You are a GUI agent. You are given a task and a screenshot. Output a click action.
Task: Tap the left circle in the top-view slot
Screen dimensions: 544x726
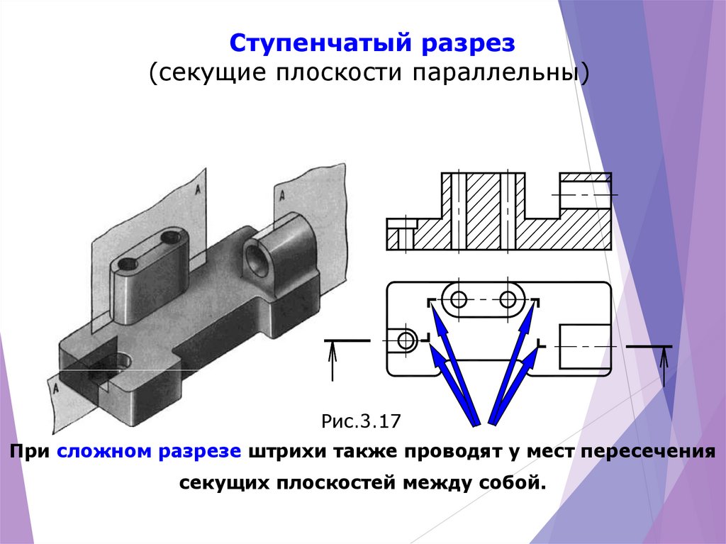pos(459,300)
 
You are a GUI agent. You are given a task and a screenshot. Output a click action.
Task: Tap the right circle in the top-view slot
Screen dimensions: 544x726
pos(508,300)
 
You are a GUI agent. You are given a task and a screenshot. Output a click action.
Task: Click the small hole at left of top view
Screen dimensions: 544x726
pos(407,340)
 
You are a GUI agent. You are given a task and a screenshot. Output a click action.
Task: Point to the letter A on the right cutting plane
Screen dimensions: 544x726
pos(282,193)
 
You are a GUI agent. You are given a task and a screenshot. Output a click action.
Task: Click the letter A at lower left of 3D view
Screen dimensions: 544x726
pos(52,387)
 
